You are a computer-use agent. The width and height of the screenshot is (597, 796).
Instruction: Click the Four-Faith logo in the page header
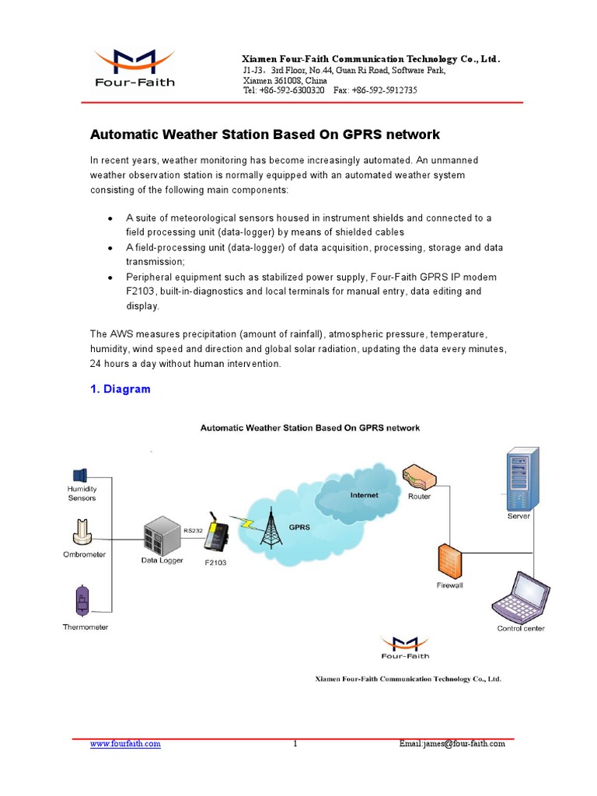pos(134,68)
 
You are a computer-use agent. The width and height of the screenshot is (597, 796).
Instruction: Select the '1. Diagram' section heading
pos(120,389)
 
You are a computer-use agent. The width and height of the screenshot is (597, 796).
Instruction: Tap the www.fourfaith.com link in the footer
pos(125,744)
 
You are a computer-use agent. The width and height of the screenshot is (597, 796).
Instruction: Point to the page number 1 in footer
pos(295,744)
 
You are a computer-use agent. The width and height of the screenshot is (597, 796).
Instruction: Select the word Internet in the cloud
pos(364,495)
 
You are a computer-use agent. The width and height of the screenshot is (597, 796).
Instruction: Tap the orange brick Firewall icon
pos(449,560)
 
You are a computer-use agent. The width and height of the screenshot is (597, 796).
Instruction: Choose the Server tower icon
pos(518,478)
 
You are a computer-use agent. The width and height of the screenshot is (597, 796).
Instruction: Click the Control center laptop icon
pos(519,596)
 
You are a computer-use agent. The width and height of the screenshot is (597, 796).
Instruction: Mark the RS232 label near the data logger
pos(193,530)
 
